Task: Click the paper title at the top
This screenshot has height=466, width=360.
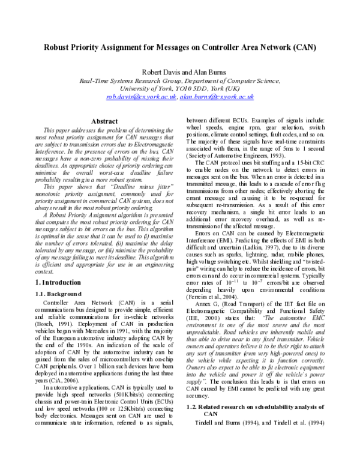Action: coord(179,47)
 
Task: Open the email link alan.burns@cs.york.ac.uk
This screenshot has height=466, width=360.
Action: coord(217,97)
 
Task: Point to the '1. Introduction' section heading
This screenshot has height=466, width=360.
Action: coord(58,282)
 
